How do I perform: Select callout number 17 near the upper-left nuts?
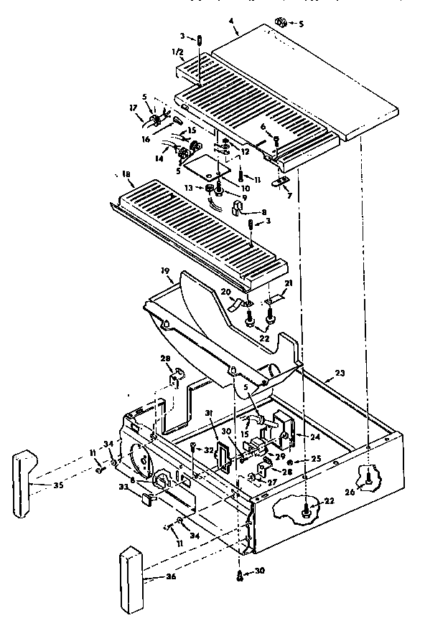[134, 108]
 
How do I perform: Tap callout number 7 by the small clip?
[289, 195]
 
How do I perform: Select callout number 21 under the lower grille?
[289, 284]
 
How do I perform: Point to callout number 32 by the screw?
[210, 450]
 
